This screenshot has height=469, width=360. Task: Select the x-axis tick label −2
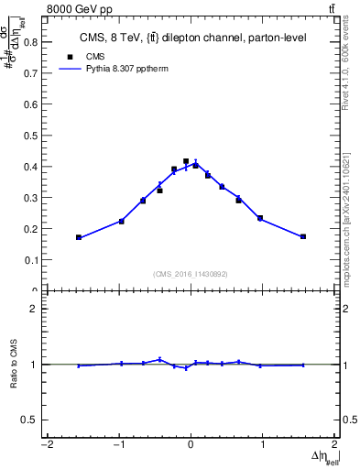point(46,446)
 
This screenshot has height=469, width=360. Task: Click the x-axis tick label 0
point(191,446)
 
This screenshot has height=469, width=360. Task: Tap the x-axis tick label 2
point(335,446)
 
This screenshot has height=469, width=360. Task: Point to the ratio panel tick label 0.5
point(30,420)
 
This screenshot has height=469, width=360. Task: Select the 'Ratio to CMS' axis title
point(14,365)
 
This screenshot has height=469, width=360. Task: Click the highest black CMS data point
point(186,161)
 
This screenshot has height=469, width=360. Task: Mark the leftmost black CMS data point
point(79,237)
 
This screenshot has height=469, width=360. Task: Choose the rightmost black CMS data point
point(303,236)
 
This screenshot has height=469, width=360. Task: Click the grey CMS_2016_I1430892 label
point(191,274)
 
